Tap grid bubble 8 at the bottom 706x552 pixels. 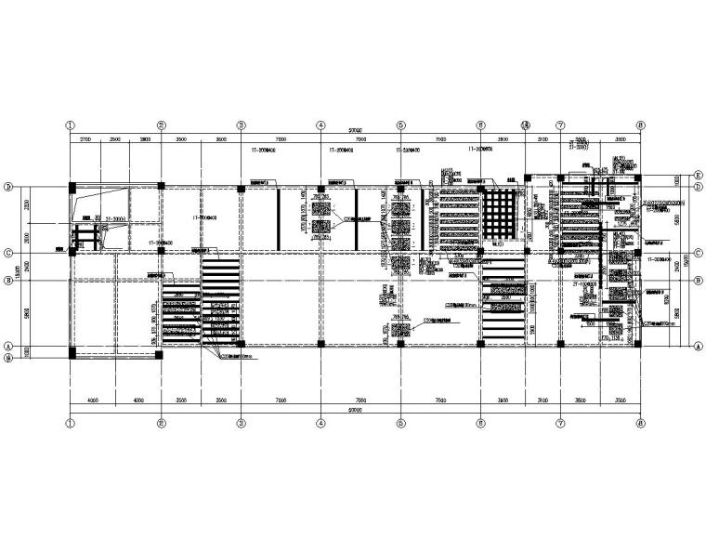pyautogui.click(x=640, y=422)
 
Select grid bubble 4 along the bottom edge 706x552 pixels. pyautogui.click(x=320, y=422)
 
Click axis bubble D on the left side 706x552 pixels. pyautogui.click(x=8, y=186)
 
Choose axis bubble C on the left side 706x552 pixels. pyautogui.click(x=8, y=252)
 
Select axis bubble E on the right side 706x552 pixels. pyautogui.click(x=698, y=173)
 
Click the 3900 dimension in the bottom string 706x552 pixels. pyautogui.click(x=502, y=401)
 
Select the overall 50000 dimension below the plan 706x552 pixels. pyautogui.click(x=355, y=410)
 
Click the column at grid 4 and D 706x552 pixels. pyautogui.click(x=320, y=188)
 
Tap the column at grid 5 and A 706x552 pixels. pyautogui.click(x=400, y=344)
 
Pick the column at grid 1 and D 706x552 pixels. pyautogui.click(x=72, y=188)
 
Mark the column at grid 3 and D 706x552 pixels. pyautogui.click(x=241, y=188)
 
